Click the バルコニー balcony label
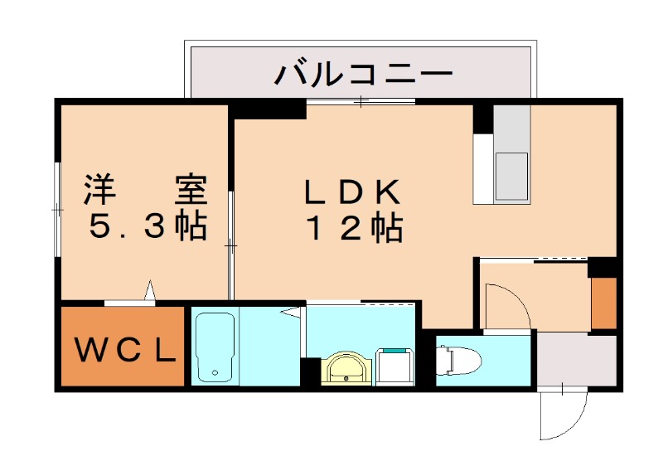pos(364,74)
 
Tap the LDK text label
pos(352,192)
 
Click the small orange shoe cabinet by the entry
pos(604,303)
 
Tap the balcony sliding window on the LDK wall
pos(361,101)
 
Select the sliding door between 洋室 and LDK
pos(231,245)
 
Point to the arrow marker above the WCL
pos(150,290)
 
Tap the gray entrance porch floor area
pos(576,358)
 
